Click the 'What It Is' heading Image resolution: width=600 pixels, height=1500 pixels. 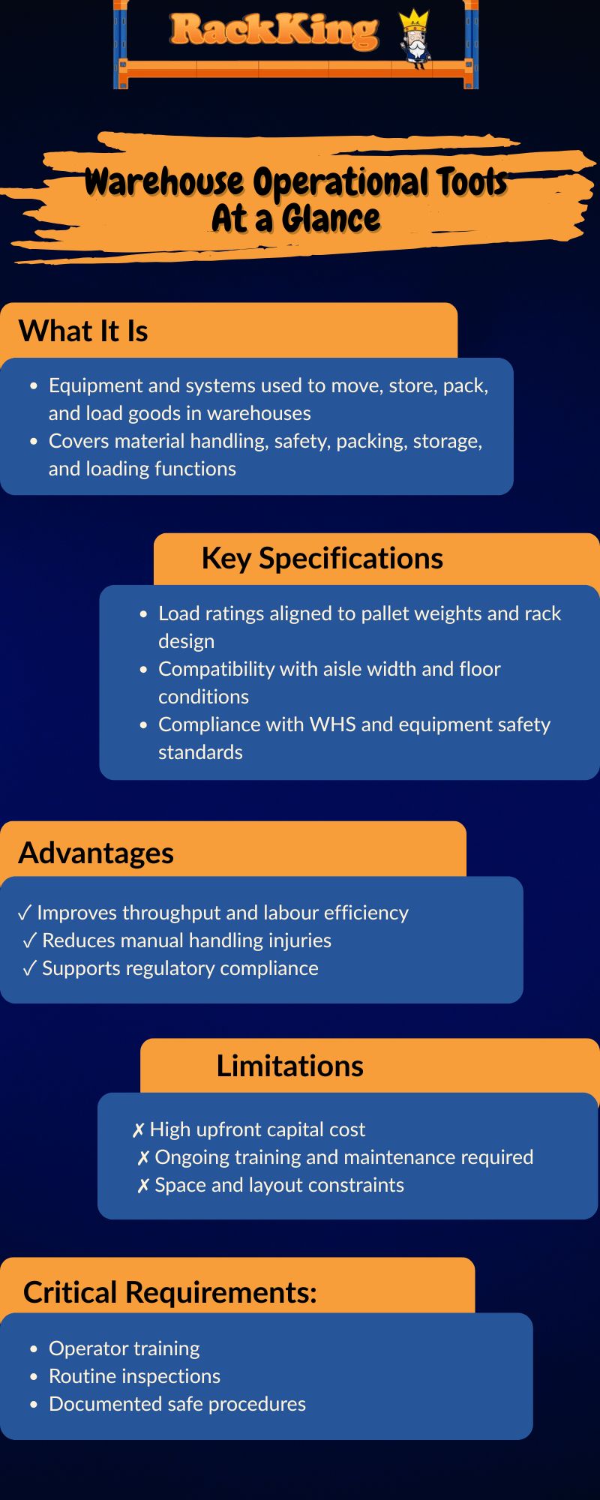(83, 331)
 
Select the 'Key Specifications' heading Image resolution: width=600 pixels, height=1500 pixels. (322, 559)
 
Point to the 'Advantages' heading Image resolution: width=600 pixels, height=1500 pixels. (96, 853)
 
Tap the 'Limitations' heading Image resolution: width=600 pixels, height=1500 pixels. (290, 1066)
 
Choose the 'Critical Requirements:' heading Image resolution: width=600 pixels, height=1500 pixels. (170, 1292)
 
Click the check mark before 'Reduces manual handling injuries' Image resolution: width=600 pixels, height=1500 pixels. (29, 940)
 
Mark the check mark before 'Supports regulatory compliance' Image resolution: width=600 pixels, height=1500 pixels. (29, 968)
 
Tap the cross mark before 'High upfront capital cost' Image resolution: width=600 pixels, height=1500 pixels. (138, 1130)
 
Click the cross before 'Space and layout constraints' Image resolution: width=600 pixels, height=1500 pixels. (143, 1186)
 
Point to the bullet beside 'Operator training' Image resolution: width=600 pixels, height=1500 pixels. (34, 1348)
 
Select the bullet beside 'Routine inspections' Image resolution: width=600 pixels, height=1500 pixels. (34, 1376)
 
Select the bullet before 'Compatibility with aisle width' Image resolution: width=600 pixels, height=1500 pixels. (143, 669)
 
